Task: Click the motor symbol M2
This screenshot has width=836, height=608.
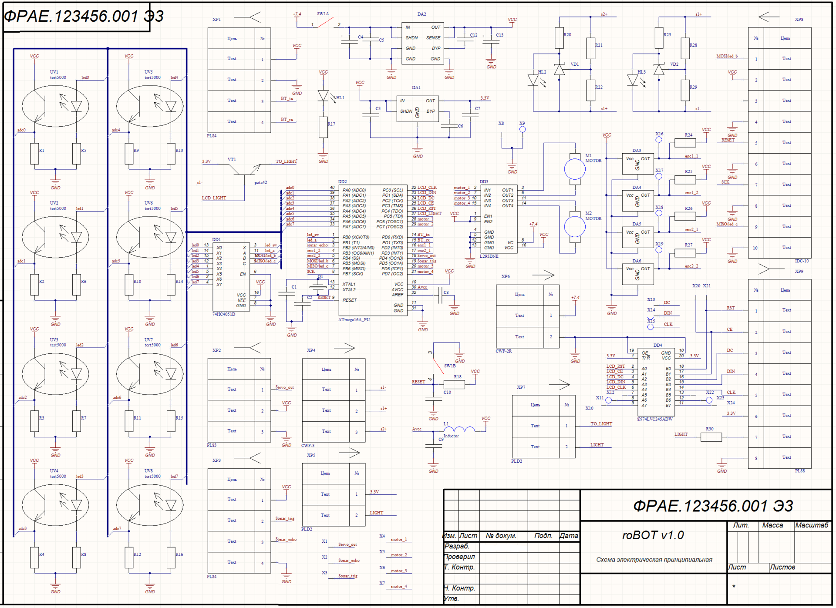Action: pyautogui.click(x=575, y=226)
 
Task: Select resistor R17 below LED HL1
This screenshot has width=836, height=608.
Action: pyautogui.click(x=323, y=127)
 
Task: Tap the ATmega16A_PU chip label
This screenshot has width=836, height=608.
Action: pyautogui.click(x=354, y=319)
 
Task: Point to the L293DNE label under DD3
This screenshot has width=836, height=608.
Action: pyautogui.click(x=489, y=256)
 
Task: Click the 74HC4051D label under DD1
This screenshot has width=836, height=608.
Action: pyautogui.click(x=224, y=314)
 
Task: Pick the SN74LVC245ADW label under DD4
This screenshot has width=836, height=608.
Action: pyautogui.click(x=655, y=419)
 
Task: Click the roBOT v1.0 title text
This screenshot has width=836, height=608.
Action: pyautogui.click(x=653, y=535)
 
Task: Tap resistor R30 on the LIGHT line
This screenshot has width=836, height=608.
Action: pyautogui.click(x=711, y=437)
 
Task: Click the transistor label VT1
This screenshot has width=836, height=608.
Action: pyautogui.click(x=232, y=159)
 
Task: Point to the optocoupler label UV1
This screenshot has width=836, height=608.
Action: pyautogui.click(x=54, y=72)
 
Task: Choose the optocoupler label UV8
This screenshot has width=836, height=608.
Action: pyautogui.click(x=148, y=470)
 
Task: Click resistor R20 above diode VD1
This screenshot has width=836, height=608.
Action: pyautogui.click(x=560, y=38)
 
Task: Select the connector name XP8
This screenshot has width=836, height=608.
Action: pyautogui.click(x=799, y=20)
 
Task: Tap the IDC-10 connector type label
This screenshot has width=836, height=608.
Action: pyautogui.click(x=802, y=261)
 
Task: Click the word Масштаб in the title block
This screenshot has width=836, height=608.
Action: pyautogui.click(x=812, y=525)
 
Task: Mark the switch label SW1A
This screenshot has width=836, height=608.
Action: pyautogui.click(x=323, y=13)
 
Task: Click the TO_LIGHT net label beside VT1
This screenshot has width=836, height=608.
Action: pyautogui.click(x=286, y=161)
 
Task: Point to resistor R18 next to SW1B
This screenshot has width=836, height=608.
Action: pyautogui.click(x=454, y=384)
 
